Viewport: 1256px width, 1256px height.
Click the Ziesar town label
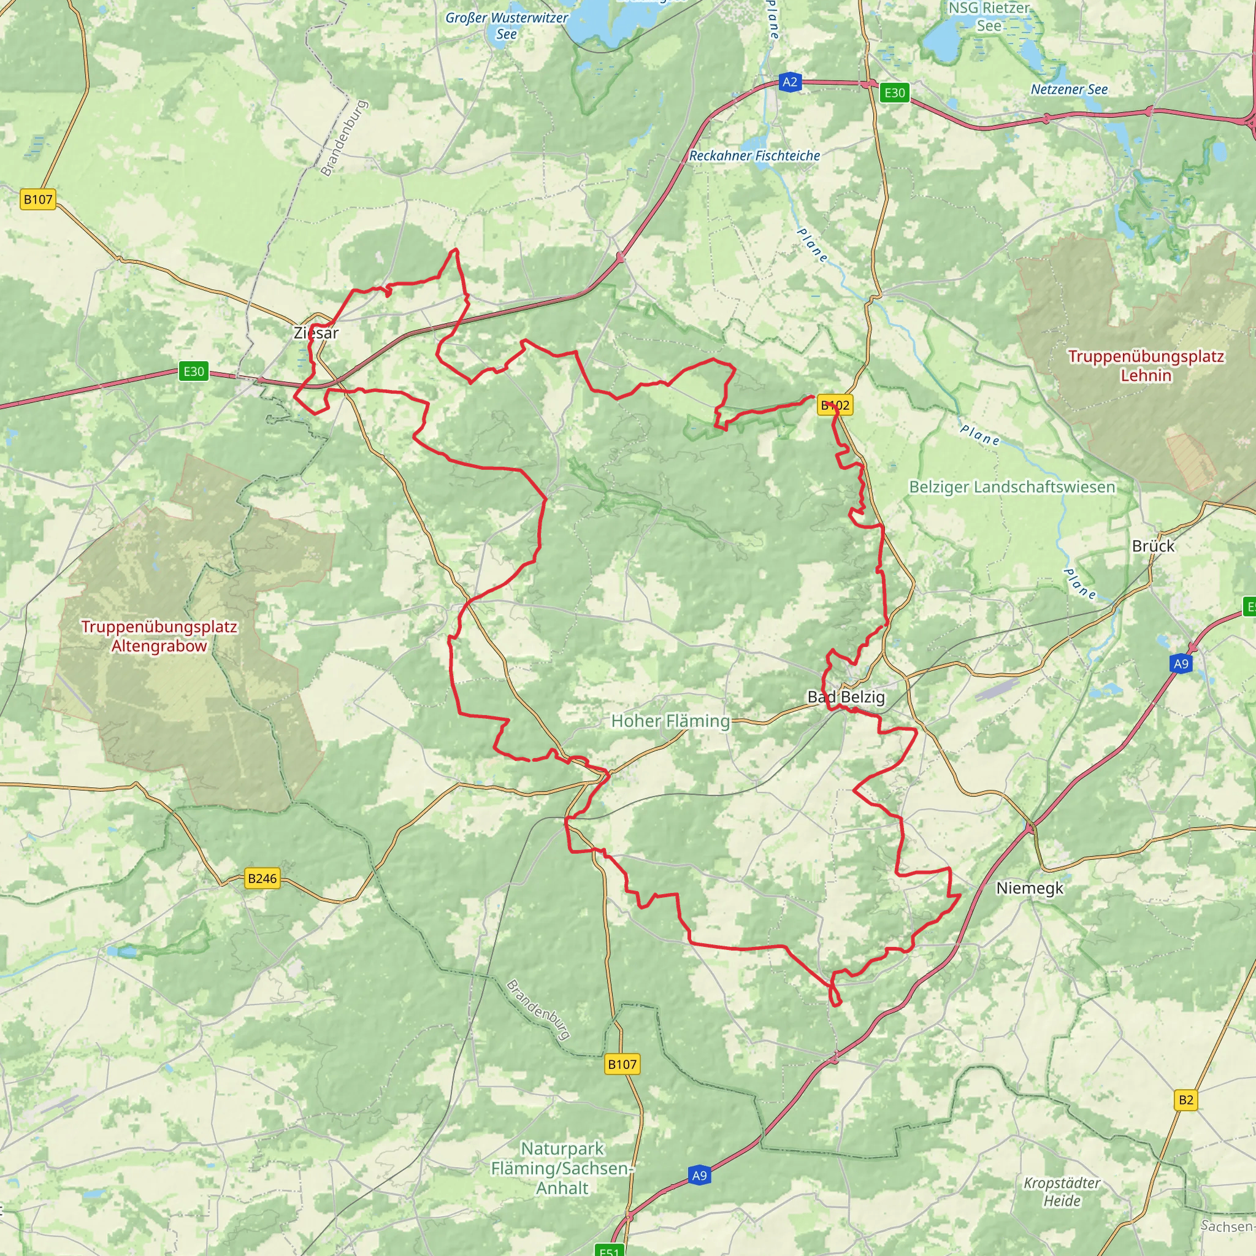point(316,333)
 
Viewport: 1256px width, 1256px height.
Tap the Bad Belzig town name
point(846,697)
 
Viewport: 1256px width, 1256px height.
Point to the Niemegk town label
point(1030,888)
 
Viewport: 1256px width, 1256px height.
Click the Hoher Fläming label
point(670,721)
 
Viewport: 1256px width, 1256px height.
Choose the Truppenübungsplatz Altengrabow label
point(159,637)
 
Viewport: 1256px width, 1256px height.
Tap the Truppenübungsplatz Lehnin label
point(1146,366)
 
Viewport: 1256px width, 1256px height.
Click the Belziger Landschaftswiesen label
point(1011,487)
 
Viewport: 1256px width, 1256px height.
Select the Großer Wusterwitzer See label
point(507,26)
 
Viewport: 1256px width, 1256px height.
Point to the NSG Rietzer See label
point(989,17)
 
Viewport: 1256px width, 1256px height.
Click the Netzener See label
point(1069,90)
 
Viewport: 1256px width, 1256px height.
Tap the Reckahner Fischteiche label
point(754,156)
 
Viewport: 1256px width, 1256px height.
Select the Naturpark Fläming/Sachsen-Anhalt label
point(562,1168)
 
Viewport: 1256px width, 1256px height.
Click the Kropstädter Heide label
point(1062,1192)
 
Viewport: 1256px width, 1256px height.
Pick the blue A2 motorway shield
point(789,82)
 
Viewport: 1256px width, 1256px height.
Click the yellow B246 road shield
point(262,878)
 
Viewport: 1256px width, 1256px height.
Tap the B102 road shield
point(835,405)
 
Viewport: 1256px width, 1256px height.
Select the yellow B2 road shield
point(1186,1100)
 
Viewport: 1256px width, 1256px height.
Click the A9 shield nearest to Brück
point(1181,664)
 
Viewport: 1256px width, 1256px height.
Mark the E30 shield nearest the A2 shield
point(895,93)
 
